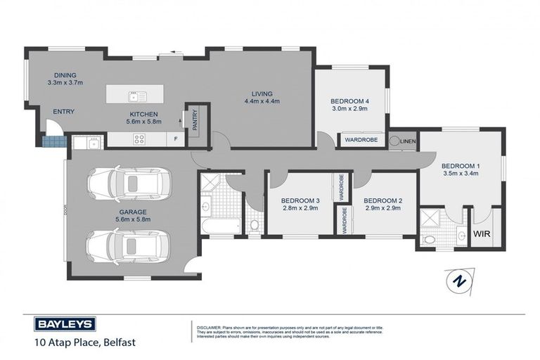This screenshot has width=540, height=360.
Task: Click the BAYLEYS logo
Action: coord(65,324)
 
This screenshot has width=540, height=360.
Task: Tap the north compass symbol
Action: coord(459,281)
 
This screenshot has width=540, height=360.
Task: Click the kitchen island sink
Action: coord(133,96)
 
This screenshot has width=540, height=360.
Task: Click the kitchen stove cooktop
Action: coord(139,139)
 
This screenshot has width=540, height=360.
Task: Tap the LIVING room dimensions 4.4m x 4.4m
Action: coord(262,101)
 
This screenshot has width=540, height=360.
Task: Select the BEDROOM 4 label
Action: coord(349,101)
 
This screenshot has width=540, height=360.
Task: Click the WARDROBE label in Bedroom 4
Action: coord(361,141)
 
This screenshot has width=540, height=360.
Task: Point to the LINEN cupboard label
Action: coord(409,141)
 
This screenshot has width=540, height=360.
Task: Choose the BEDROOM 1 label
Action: coord(461,166)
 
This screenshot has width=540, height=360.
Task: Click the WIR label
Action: coord(482,233)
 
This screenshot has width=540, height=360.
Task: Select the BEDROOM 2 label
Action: coord(382,200)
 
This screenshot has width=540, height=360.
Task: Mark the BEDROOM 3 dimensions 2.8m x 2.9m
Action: coord(301,209)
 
